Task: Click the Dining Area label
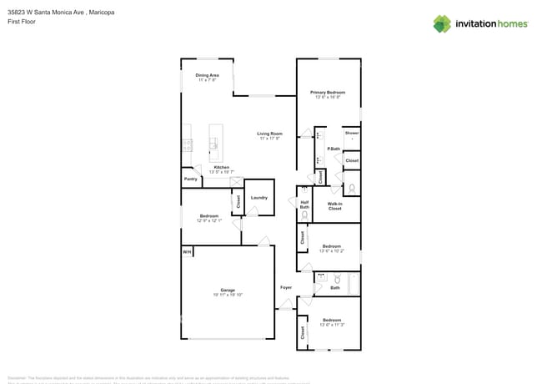(x=208, y=75)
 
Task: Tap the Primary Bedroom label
(x=328, y=92)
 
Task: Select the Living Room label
(x=269, y=134)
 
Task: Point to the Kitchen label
(x=221, y=167)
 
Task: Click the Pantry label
(x=190, y=179)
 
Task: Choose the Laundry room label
(x=258, y=197)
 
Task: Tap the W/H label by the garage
(x=187, y=251)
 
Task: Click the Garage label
(x=228, y=290)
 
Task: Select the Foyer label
(x=286, y=287)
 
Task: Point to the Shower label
(x=352, y=133)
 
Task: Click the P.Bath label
(x=333, y=149)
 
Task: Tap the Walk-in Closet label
(x=334, y=206)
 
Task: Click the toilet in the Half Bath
(x=304, y=215)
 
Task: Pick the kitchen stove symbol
(x=188, y=144)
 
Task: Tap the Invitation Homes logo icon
(x=442, y=23)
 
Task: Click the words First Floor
(x=23, y=23)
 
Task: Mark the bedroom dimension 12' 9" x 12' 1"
(x=208, y=220)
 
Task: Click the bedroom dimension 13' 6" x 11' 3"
(x=332, y=324)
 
